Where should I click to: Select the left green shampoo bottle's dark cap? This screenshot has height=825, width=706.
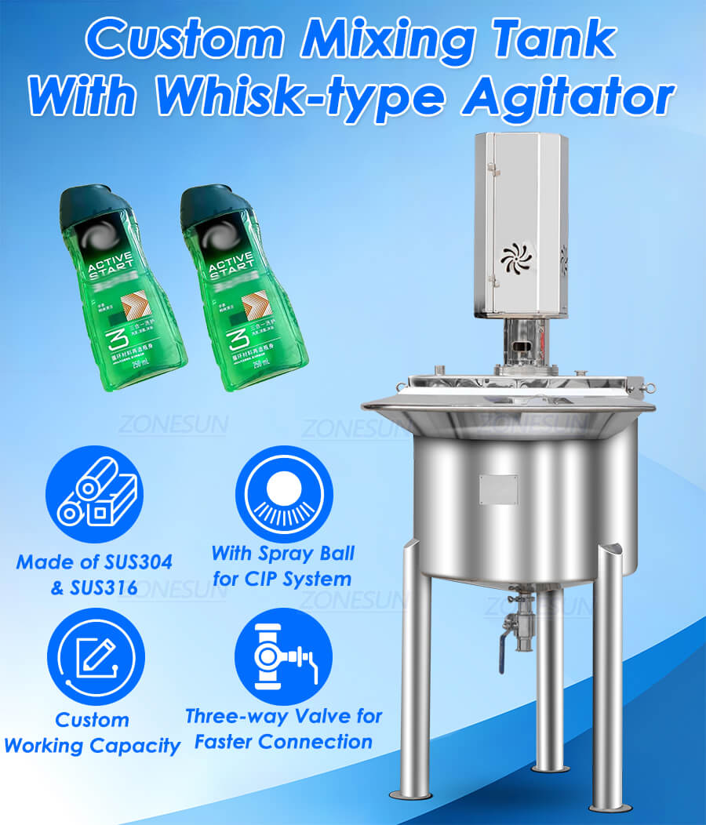(87, 203)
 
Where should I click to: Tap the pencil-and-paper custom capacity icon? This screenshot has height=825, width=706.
(95, 657)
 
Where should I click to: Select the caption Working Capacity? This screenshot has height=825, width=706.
(93, 745)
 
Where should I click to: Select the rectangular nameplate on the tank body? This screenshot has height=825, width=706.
(498, 489)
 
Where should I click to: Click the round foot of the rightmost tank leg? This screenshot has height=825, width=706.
(612, 806)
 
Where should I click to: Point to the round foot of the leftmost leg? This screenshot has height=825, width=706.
(410, 794)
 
